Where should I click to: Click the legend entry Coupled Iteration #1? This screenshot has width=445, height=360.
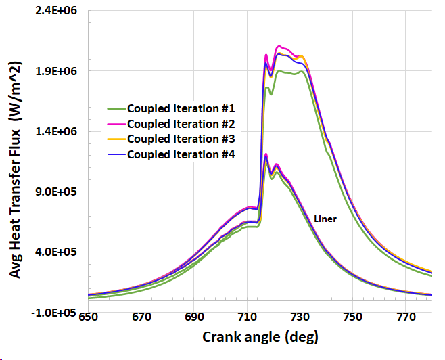[181, 108]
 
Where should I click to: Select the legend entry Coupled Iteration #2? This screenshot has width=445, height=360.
[181, 123]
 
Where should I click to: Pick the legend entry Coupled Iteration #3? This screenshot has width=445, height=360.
[181, 139]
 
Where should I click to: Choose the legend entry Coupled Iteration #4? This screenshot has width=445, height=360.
[181, 154]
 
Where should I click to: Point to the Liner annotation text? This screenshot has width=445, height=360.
[325, 219]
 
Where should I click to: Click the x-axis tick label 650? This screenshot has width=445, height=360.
[89, 317]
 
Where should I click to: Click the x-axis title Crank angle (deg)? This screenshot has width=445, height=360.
[260, 336]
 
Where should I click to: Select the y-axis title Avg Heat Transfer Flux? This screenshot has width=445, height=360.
[15, 166]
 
